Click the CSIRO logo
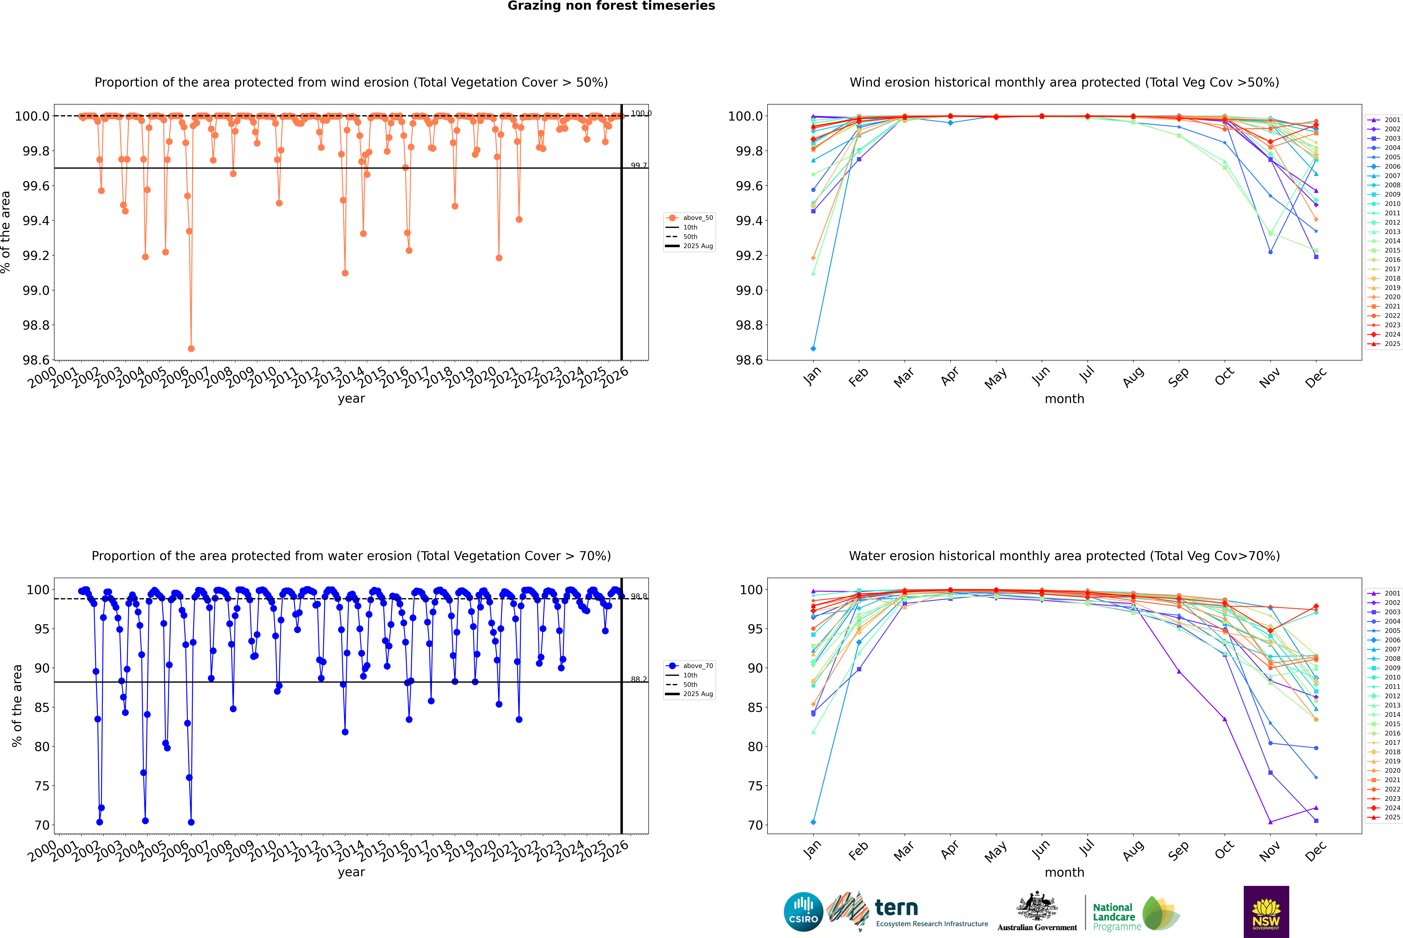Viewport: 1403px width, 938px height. coord(803,912)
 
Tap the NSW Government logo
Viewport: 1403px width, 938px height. coord(1266,912)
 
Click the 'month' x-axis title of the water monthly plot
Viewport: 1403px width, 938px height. coord(1064,872)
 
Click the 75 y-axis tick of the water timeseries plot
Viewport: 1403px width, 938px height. coord(42,786)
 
